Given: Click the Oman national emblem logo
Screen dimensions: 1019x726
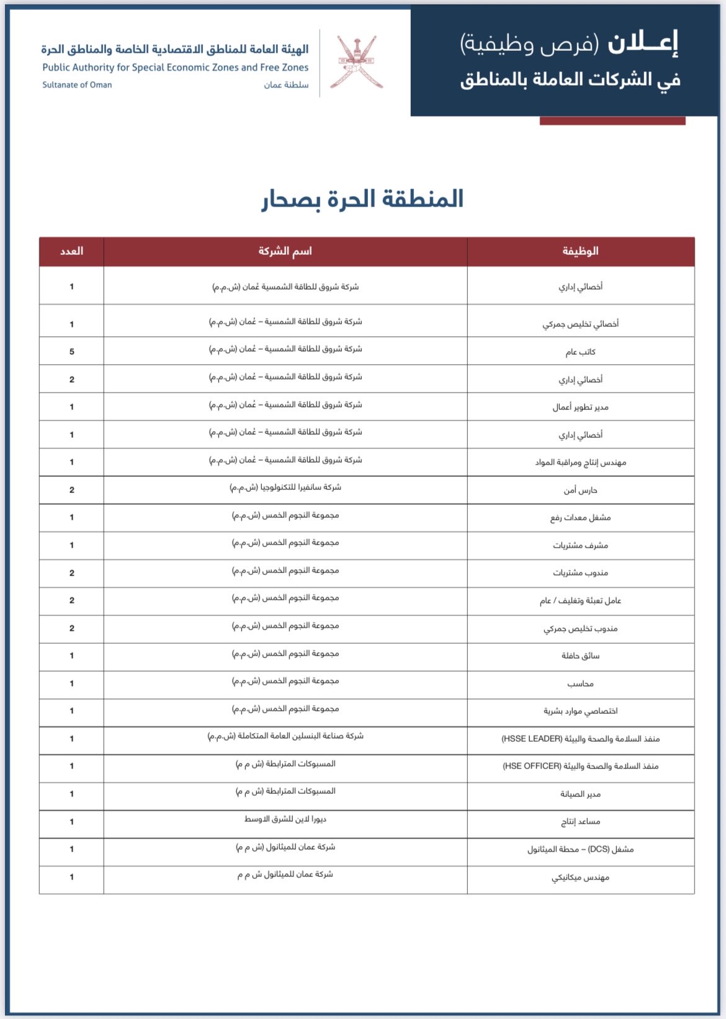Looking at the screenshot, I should point(356,62).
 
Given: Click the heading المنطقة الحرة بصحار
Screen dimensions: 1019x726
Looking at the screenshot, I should point(362,199).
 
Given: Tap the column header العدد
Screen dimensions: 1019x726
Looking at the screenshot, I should point(71,251).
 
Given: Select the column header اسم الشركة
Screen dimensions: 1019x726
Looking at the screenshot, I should point(285,251).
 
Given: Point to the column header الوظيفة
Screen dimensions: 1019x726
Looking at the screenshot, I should point(580,251).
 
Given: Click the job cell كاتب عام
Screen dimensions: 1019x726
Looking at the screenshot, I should point(580,352).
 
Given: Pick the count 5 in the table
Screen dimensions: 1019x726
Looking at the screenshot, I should point(72,352).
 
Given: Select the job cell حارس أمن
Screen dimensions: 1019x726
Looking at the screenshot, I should point(580,490).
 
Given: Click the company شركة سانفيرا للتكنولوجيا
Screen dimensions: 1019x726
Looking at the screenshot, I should point(285,487).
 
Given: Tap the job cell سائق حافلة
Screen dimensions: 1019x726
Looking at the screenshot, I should point(580,656).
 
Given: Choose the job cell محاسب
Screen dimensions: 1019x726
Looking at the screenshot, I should point(580,683).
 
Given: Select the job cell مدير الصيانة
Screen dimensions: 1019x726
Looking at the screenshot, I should point(580,794).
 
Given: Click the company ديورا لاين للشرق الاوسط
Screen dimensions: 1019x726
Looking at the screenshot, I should point(285,819).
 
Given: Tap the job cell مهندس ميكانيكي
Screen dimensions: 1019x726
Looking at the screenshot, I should point(580,877).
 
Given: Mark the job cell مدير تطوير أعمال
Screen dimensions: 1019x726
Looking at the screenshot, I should point(580,407).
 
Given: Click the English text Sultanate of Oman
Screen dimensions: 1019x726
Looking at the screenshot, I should point(77,85).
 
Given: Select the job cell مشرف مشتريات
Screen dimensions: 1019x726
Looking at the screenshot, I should point(580,545).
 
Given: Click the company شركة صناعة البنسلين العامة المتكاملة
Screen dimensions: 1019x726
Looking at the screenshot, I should point(285,736).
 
